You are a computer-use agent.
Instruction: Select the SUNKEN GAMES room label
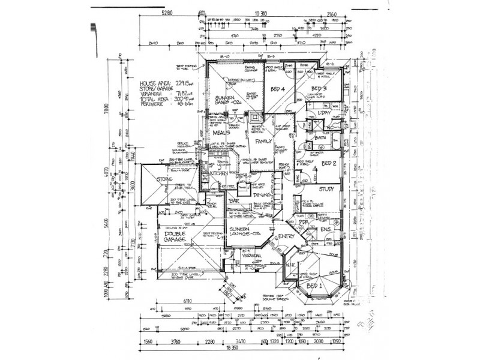point(227,100)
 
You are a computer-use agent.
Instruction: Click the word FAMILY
point(263,141)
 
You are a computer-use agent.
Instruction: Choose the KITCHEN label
point(219,173)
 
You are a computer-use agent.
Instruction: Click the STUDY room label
point(326,190)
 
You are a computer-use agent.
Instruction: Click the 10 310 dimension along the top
point(260,11)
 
